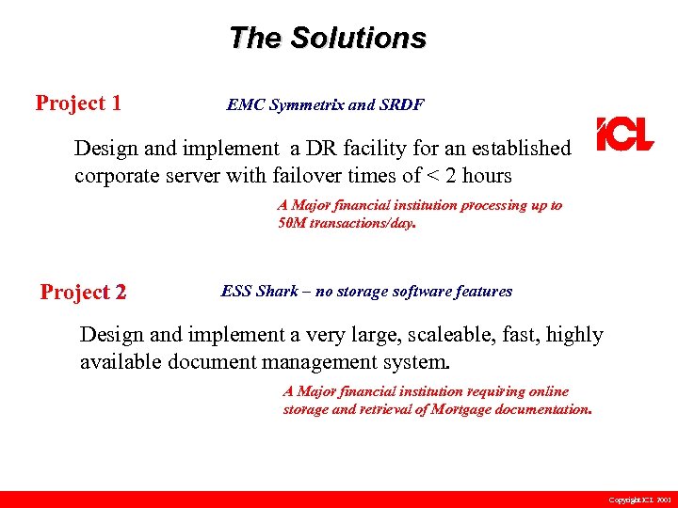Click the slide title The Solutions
327,38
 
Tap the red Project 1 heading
78,103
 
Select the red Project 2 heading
83,293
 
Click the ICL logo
624,135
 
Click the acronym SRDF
404,105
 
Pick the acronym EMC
246,105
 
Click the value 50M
292,224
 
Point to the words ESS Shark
259,291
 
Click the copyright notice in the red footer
639,500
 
